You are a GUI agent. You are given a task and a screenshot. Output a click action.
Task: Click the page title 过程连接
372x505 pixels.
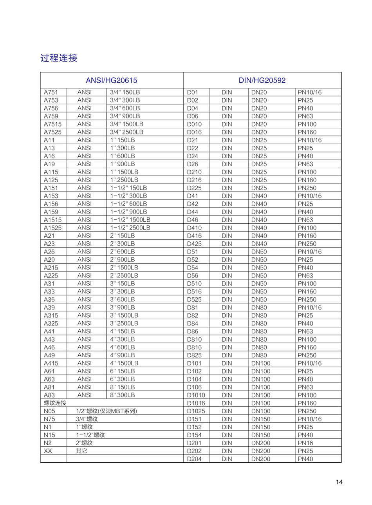(59, 58)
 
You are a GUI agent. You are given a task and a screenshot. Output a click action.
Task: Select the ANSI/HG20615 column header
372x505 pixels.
(111, 80)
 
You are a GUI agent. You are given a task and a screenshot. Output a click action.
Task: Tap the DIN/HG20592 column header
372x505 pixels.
(262, 80)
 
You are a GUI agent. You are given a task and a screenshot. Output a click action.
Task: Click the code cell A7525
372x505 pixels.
(52, 132)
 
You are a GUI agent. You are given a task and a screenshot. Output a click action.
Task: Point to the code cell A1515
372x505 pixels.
(52, 220)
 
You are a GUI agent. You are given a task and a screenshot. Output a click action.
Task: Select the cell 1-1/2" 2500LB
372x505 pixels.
(130, 228)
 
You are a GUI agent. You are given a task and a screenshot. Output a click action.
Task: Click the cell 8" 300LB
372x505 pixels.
(122, 395)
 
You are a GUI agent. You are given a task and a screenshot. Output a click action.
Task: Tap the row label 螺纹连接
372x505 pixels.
(55, 403)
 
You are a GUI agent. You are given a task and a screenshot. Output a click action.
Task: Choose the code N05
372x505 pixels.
(49, 411)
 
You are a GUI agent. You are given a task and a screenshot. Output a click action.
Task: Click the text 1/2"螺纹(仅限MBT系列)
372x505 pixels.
(107, 411)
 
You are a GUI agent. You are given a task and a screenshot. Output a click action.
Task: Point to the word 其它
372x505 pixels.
(81, 451)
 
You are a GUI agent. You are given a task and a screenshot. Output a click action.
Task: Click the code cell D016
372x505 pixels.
(194, 132)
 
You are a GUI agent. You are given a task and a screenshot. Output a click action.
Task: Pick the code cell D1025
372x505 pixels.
(196, 411)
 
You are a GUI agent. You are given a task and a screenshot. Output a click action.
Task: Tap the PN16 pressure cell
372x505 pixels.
(305, 443)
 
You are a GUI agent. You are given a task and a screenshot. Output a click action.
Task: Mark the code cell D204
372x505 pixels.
(194, 459)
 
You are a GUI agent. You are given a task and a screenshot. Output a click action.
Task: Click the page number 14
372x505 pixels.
(339, 482)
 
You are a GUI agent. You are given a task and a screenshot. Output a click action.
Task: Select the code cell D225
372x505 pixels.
(194, 188)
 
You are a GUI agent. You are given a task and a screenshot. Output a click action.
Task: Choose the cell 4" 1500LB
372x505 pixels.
(124, 363)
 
